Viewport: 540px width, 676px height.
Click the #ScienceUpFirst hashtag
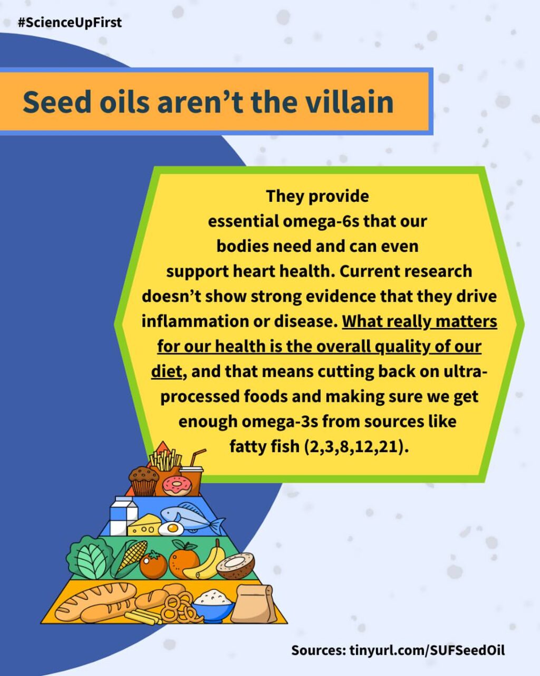[70, 23]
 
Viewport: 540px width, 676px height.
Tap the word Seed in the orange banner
[57, 102]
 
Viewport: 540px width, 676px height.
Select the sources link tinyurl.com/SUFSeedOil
[427, 650]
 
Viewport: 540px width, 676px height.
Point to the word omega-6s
[321, 221]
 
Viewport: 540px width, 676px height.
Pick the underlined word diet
[166, 371]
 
